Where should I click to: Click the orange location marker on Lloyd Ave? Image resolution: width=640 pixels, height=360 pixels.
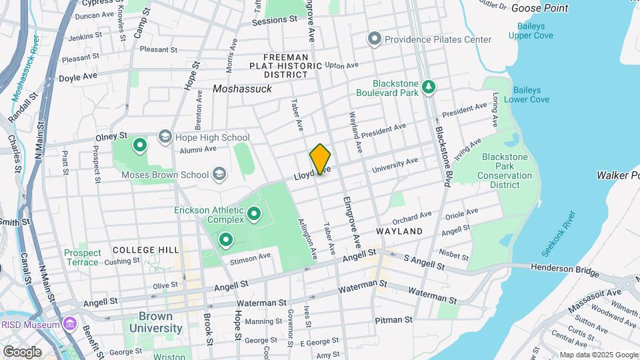[x=320, y=159]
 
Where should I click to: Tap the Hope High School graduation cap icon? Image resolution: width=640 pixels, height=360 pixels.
[x=164, y=137]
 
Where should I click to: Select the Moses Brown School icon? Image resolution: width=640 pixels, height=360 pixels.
[x=219, y=175]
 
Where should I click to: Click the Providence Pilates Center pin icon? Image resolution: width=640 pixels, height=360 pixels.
[x=375, y=39]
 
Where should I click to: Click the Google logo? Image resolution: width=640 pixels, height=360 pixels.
[x=21, y=351]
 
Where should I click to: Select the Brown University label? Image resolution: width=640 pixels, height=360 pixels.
[x=155, y=322]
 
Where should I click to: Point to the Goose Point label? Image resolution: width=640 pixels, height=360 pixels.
[x=539, y=8]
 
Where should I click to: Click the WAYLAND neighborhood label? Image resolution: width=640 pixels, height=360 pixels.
[x=399, y=231]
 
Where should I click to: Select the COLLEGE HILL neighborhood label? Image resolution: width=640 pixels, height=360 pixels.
[x=145, y=249]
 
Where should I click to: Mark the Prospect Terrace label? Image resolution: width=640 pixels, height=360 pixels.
[x=83, y=257]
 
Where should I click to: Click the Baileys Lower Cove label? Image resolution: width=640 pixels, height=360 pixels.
[x=531, y=95]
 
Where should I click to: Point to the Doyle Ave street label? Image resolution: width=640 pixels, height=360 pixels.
[x=78, y=77]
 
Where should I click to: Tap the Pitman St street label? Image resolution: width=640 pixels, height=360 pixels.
[x=393, y=321]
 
